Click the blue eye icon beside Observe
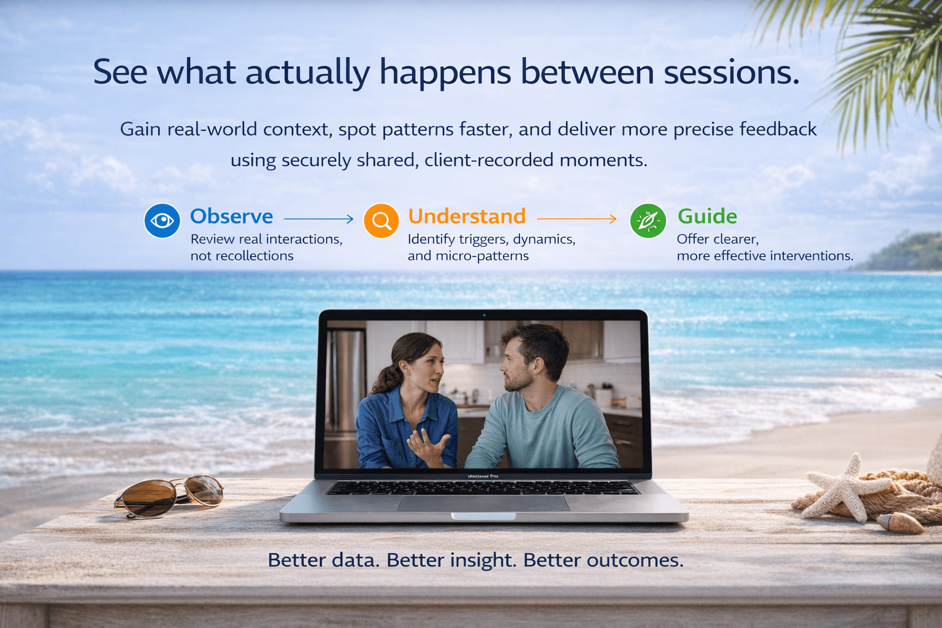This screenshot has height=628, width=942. point(162,221)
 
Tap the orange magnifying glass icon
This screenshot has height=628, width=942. point(381,221)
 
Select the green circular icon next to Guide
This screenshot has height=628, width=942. point(648,221)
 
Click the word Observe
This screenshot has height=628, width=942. point(231,216)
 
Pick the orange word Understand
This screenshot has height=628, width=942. point(467,216)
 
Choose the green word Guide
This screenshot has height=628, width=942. point(707,216)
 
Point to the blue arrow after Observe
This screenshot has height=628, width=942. point(319,218)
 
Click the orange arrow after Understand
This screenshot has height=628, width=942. point(576,218)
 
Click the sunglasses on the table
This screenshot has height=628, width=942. point(170,495)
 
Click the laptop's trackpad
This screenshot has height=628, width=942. point(484,504)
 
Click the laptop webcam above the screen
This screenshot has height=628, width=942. point(484,315)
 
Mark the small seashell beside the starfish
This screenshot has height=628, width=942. point(900,523)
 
